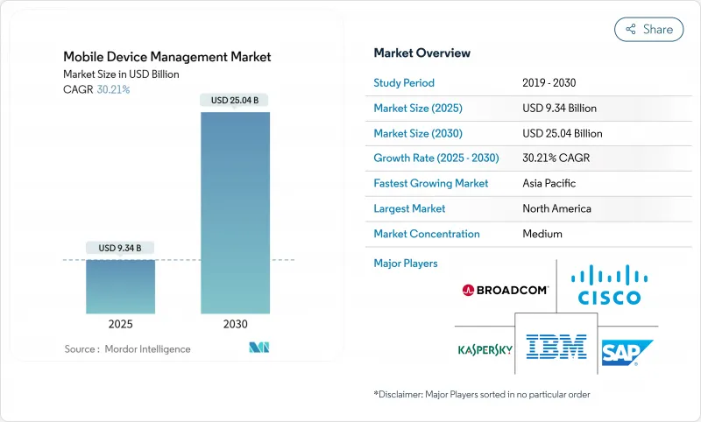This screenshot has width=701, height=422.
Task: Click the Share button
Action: point(648,29)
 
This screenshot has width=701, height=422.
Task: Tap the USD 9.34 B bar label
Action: point(120,248)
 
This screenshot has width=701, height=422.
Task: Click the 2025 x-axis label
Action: point(120,323)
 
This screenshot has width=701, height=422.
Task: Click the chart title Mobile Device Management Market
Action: point(167,57)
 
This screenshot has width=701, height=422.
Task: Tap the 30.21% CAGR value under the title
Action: point(112,89)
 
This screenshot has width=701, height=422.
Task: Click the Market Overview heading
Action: point(422,53)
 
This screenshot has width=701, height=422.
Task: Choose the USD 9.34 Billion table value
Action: point(559,109)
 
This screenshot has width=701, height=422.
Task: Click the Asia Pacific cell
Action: point(550,184)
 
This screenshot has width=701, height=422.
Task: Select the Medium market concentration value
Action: point(543,234)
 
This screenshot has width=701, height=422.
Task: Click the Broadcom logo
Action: point(505,290)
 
